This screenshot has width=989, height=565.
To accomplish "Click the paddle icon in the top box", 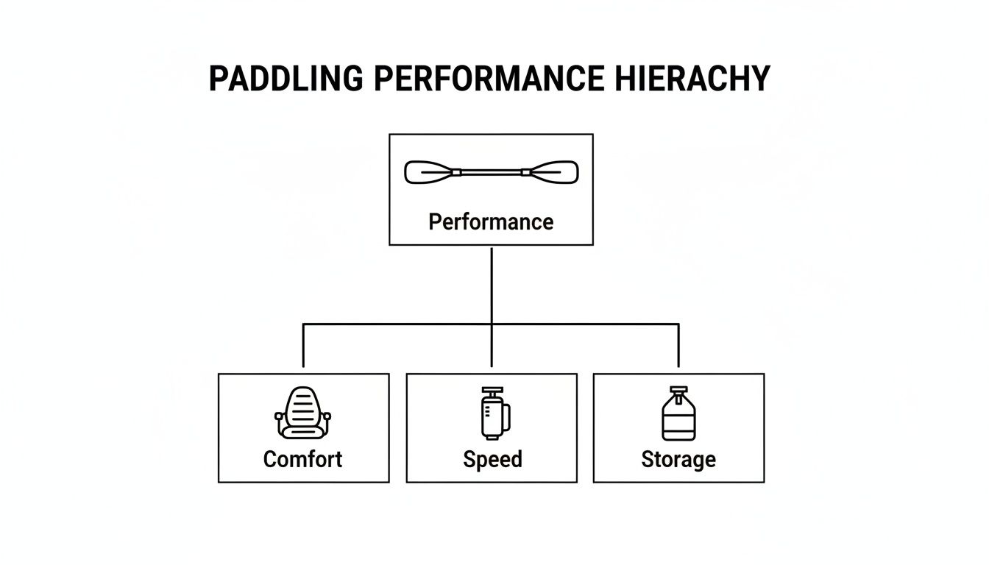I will point(492,173).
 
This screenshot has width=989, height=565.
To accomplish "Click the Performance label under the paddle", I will point(491,221).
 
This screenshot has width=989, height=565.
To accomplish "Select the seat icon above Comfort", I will point(303,413).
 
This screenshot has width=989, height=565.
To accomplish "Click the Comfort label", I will point(302,459).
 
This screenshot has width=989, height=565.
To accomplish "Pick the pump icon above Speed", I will point(493,413).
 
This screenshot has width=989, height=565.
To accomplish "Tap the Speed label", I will point(492,459).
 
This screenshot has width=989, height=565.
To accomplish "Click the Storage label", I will point(678,459).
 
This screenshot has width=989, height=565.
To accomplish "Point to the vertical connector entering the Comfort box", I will point(303,346).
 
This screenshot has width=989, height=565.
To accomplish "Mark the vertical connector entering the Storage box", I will point(678,346).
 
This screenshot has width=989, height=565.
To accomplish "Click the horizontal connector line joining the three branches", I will point(397,324).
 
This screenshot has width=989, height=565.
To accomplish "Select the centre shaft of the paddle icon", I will point(492,173).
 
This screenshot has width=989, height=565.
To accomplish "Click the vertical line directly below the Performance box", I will point(491,283).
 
